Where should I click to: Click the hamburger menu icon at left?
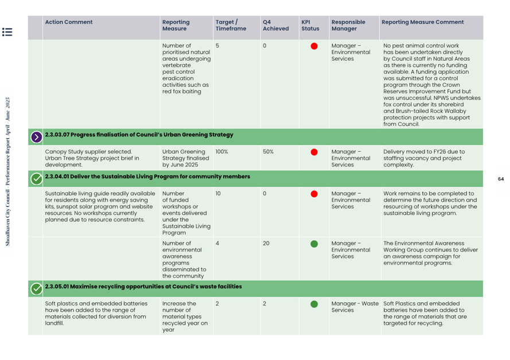pos(7,32)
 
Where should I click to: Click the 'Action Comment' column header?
pos(69,22)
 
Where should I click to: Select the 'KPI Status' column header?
pos(310,25)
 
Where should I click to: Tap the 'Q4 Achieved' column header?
pos(275,25)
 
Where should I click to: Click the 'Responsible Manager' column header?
pos(348,25)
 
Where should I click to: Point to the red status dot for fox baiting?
pos(314,46)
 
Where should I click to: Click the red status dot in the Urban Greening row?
pos(314,152)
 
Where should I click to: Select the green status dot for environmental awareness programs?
pos(314,244)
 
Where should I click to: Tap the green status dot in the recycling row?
pos(314,304)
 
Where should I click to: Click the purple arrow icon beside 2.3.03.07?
pos(36,136)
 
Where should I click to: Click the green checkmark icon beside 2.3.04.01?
pos(36,178)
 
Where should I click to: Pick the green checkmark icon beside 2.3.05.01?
pos(36,288)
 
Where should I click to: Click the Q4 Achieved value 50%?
pos(268,152)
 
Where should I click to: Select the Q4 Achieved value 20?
pos(266,243)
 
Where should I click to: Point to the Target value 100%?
pos(221,152)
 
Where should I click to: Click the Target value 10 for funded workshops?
pos(218,194)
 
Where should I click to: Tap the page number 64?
pos(501,179)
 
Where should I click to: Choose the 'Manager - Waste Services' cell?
pos(355,307)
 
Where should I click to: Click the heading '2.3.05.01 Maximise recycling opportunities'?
pos(143,287)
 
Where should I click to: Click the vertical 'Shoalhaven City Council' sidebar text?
pos(8,172)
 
